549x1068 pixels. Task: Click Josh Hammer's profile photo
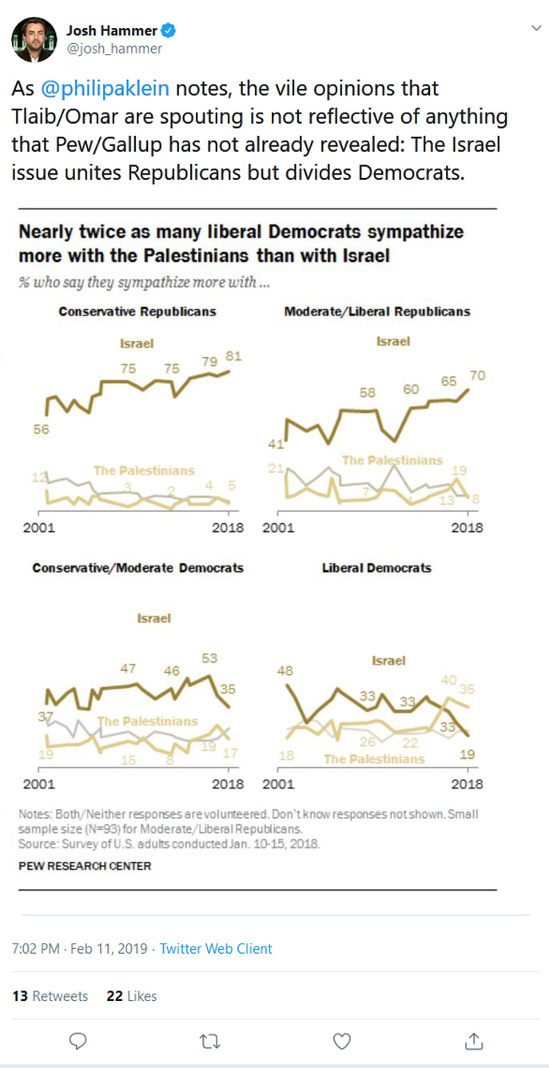coord(34,39)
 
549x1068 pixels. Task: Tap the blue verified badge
coord(169,31)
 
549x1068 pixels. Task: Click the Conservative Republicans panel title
coord(137,312)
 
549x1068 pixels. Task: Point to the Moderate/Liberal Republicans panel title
coord(377,312)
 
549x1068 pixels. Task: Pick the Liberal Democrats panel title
coord(376,568)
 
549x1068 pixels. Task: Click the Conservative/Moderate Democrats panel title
coord(137,568)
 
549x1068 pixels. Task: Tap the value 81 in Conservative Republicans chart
coord(233,356)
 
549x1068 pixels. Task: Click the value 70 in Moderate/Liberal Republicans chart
coord(478,375)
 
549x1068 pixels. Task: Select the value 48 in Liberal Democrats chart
coord(285,671)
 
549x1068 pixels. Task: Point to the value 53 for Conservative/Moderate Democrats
coord(209,658)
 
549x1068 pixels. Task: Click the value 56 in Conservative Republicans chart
coord(42,430)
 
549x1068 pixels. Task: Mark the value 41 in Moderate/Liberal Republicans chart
coord(276,443)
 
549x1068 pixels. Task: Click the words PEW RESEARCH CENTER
coord(85,865)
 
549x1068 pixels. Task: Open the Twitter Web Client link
coord(216,949)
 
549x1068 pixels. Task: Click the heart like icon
coord(342,1041)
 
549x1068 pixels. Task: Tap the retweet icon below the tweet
coord(210,1041)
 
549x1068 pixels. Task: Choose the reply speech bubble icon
coord(78,1041)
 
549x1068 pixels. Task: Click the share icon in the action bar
coord(474,1041)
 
